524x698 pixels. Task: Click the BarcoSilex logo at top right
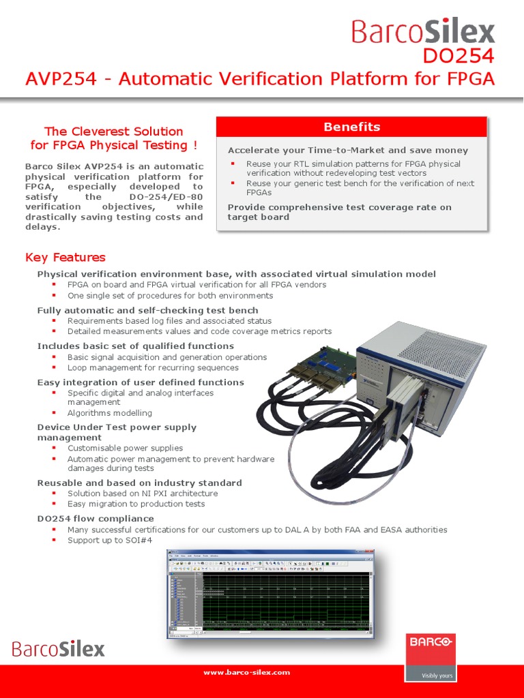tap(423, 31)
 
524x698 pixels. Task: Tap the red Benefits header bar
tap(351, 127)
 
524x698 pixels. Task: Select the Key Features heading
tap(65, 257)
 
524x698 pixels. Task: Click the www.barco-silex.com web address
tap(246, 672)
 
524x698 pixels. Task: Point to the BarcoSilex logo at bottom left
tap(59, 648)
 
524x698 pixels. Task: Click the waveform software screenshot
tap(270, 595)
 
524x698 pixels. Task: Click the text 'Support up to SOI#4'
tap(109, 540)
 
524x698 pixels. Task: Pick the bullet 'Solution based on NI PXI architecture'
tap(143, 493)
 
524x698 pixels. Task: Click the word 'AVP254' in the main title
tap(63, 79)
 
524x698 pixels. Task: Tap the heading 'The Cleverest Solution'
tap(114, 131)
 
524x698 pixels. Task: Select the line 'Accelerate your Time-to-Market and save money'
tap(348, 150)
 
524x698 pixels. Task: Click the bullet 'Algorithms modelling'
tap(110, 412)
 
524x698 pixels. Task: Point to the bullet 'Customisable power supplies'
tap(125, 448)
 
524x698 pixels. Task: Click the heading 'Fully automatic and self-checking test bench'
tap(147, 310)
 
